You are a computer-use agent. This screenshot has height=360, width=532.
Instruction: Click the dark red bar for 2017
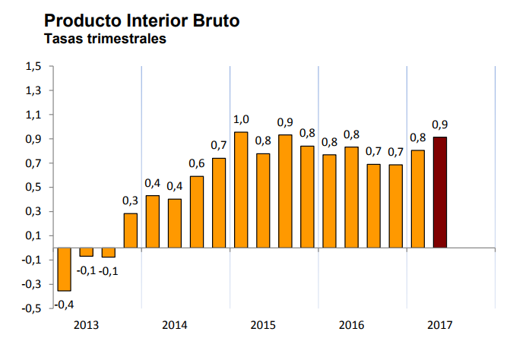[439, 192]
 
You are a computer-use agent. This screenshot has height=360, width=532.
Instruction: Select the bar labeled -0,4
[64, 270]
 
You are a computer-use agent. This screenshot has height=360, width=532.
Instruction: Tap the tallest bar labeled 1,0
[241, 190]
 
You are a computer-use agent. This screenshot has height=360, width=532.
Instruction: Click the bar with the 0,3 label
[131, 230]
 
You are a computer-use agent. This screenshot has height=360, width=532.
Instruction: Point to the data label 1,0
[241, 119]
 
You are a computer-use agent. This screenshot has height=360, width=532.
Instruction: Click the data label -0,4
[64, 304]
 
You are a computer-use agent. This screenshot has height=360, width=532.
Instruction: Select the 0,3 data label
[131, 201]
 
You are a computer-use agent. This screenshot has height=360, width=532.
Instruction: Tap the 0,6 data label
[197, 163]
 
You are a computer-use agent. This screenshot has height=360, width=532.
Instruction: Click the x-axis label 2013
[86, 325]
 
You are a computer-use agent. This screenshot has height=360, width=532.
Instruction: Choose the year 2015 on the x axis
[263, 325]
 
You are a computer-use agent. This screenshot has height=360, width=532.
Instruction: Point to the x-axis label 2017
[439, 325]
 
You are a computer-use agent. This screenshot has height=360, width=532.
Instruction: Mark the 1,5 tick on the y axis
[33, 66]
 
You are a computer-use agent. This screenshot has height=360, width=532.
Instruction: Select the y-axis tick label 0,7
[33, 163]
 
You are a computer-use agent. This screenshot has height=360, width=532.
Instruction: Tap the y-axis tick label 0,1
[33, 235]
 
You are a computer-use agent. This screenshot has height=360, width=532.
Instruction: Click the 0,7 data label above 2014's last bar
[219, 145]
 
